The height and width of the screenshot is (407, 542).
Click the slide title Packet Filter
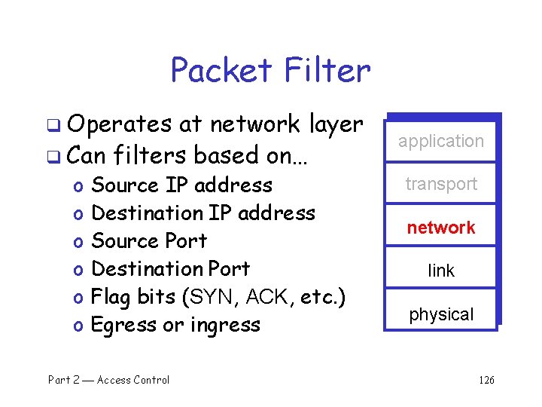pos(270,70)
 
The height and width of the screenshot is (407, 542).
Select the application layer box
pos(441,141)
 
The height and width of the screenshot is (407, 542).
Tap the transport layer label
pos(441,184)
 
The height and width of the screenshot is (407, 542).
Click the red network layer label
pos(441,228)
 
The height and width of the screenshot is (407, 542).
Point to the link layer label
pos(441,271)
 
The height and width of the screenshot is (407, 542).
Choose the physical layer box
pos(441,314)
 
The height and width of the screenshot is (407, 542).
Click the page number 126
pos(486,380)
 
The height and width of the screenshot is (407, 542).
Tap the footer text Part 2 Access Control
pos(109,380)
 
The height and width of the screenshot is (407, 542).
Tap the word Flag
pos(111,297)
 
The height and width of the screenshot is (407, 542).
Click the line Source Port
pos(148,241)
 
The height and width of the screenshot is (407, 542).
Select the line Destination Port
pos(170,269)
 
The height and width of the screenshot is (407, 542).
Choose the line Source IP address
pos(181,185)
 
